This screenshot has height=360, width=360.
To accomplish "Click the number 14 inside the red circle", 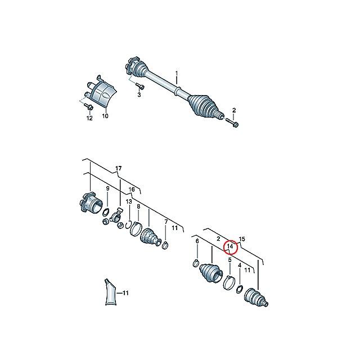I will click(x=229, y=246).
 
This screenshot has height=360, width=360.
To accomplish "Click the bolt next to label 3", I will click(x=140, y=86).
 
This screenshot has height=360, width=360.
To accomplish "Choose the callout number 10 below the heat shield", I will click(x=105, y=116).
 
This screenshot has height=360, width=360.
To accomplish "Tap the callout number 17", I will click(x=118, y=168).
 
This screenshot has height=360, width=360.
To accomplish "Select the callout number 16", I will click(x=132, y=190).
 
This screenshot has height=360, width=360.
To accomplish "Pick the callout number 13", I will click(x=129, y=201).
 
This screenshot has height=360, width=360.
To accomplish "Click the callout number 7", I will click(x=165, y=221).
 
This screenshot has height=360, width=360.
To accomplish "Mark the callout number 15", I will click(x=242, y=239).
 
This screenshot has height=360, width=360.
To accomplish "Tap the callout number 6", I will click(x=197, y=241).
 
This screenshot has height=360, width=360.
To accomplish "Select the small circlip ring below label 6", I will click(x=196, y=262).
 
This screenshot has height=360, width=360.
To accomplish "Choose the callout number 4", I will click(x=240, y=265).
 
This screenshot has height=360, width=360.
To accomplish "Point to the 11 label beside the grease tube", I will click(x=125, y=293).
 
